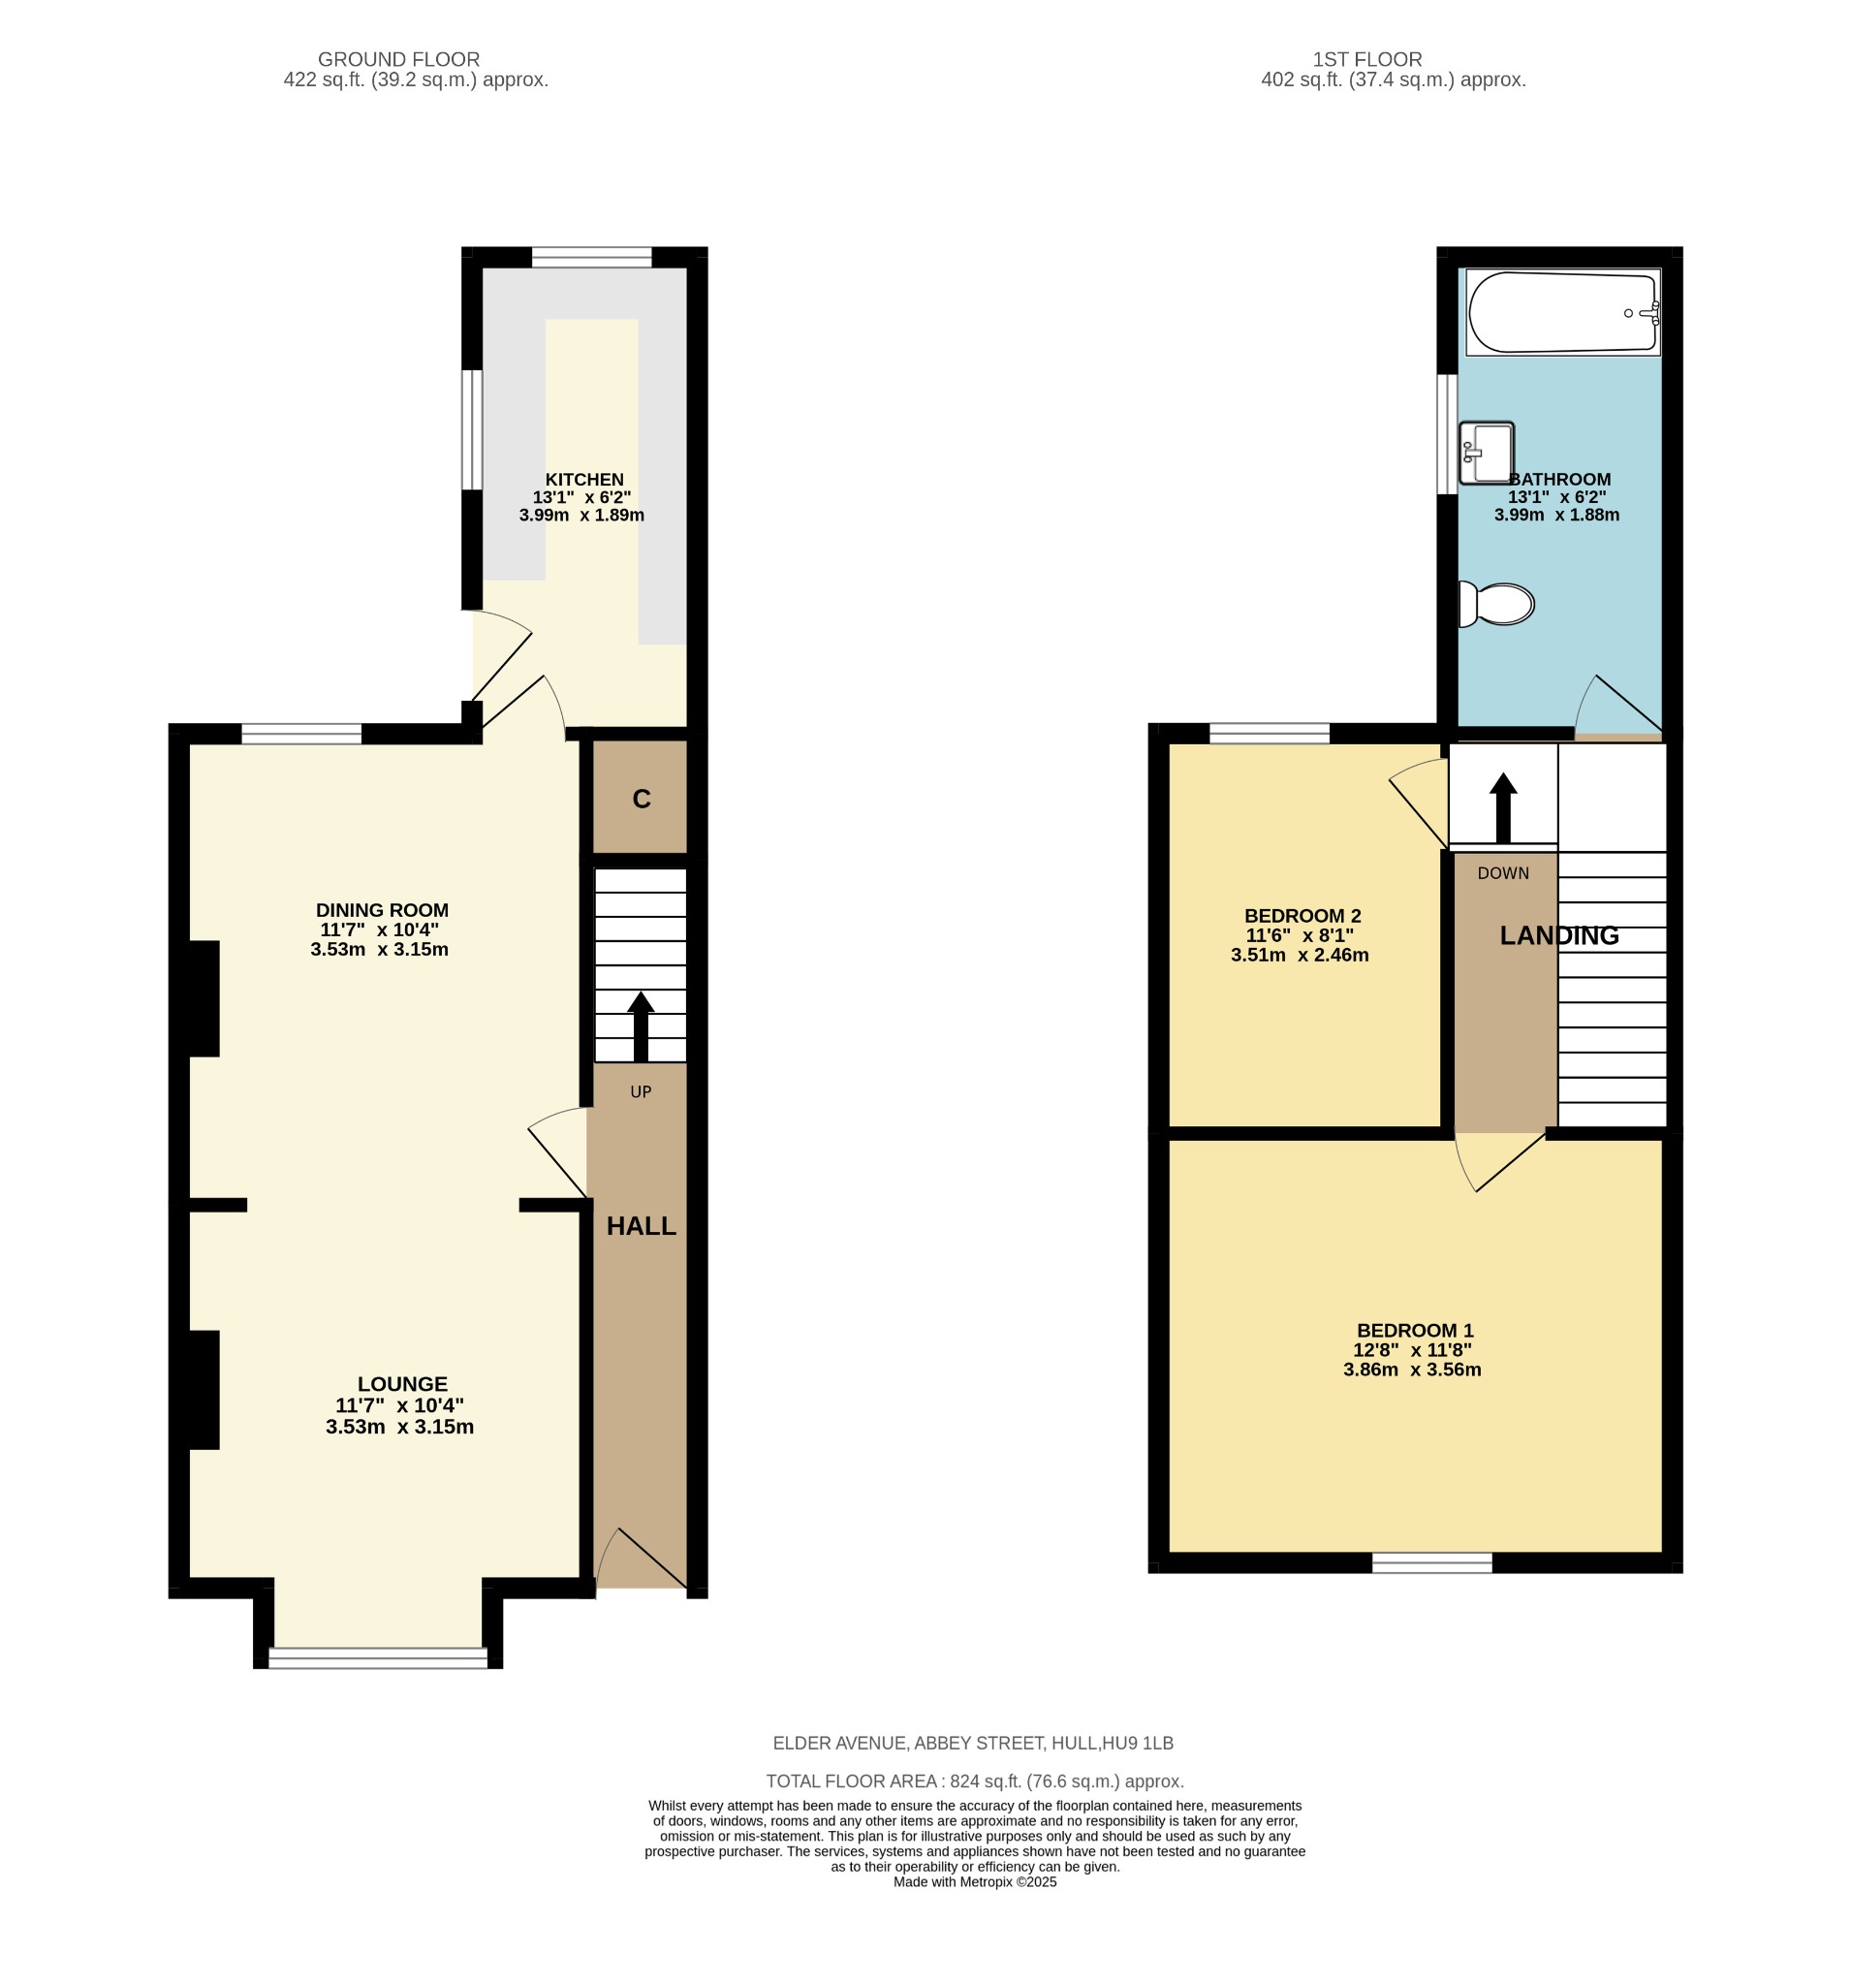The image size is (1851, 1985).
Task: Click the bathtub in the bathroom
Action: click(1562, 311)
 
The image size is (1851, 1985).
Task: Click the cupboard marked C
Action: click(641, 797)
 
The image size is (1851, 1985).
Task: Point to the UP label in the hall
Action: click(641, 1092)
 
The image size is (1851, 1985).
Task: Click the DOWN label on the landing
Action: click(1503, 873)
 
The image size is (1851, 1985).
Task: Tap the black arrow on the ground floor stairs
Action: click(641, 1025)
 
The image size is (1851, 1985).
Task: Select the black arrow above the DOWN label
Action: click(1503, 807)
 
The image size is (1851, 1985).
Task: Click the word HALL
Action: click(642, 1226)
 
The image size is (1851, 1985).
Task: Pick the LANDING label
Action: click(1559, 935)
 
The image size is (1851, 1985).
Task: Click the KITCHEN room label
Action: click(584, 479)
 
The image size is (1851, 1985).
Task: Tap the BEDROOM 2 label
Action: click(1302, 916)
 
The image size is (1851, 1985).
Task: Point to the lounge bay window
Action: click(378, 1658)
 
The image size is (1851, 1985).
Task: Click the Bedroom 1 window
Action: click(1431, 1562)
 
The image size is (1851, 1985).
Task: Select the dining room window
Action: click(301, 734)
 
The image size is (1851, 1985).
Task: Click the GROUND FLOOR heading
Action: click(399, 60)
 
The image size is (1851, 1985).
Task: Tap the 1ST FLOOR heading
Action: click(1367, 60)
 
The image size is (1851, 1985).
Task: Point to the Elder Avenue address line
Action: click(973, 1744)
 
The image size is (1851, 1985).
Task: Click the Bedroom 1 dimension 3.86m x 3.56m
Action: click(1412, 1370)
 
